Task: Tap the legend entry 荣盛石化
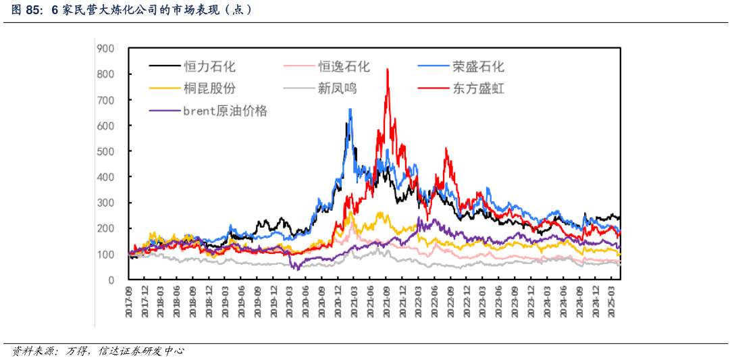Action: pos(478,66)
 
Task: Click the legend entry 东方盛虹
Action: pos(478,88)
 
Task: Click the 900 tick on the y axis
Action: pos(105,48)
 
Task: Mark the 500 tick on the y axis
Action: pos(105,151)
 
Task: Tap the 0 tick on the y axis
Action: pos(111,280)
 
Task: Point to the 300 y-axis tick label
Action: pos(105,203)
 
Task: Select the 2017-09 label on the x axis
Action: pos(129,300)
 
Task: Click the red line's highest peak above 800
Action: pos(387,70)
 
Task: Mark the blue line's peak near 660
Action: pos(350,109)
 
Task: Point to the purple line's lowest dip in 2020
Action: pos(294,269)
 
